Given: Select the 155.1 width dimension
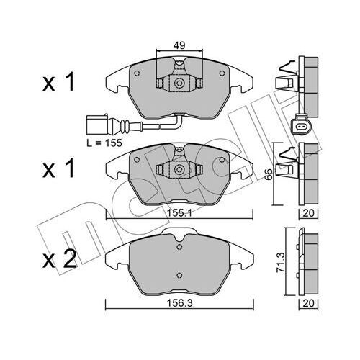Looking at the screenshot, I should coord(177,214).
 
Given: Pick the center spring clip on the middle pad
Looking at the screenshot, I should coord(177,171).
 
